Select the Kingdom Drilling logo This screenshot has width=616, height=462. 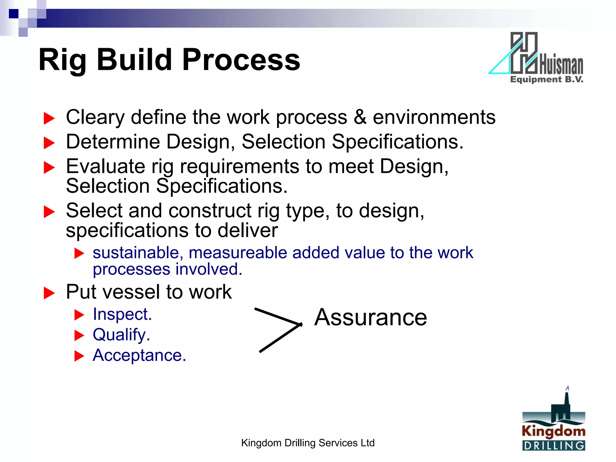(554, 421)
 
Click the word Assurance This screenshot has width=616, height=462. (371, 318)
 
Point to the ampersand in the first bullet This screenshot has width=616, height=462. (360, 117)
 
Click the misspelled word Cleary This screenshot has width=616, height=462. (95, 117)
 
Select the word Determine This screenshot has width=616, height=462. (113, 142)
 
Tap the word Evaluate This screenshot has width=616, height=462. (106, 166)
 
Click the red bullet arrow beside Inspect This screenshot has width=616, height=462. (79, 315)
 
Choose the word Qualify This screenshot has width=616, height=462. (121, 335)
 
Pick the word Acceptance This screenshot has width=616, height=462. (139, 355)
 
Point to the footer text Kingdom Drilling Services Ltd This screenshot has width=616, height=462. (308, 443)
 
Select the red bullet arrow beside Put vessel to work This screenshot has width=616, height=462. (49, 293)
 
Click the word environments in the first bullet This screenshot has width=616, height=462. (434, 117)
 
